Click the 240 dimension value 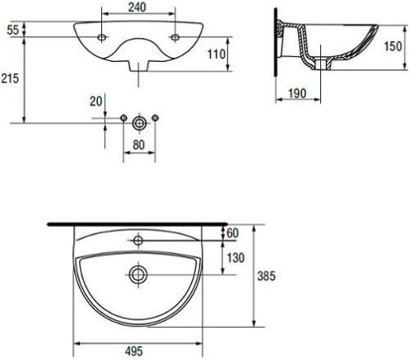137,7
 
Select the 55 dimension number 13,30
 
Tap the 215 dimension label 10,78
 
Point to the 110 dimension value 217,54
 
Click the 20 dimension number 96,101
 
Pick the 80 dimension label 138,145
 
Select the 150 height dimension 393,46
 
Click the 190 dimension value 297,93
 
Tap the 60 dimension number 233,233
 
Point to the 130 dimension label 235,258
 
